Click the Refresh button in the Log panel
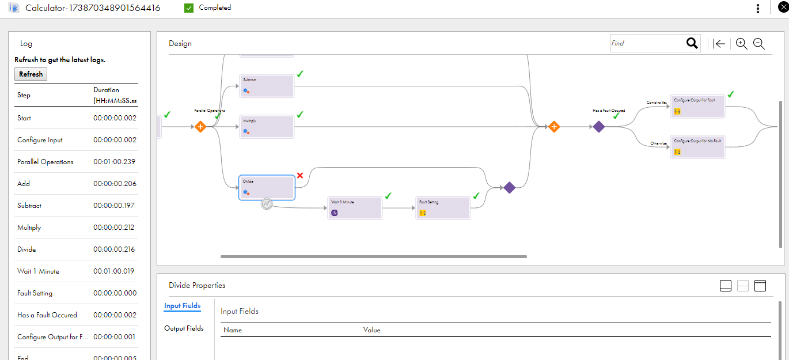[31, 74]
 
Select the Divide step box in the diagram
[267, 188]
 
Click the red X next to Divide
[299, 176]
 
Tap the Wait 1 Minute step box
[355, 207]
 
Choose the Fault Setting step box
[443, 207]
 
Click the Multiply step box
[267, 126]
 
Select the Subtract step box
[267, 86]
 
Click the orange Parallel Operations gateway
[200, 127]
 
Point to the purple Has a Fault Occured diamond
[599, 127]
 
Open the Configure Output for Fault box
[697, 107]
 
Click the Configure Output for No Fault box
[697, 147]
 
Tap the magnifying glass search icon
[692, 43]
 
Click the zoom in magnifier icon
[741, 44]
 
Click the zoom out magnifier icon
[759, 44]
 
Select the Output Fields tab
[184, 328]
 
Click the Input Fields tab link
[182, 306]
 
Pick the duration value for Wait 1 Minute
[114, 271]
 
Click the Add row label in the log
[24, 184]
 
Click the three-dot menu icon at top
[758, 8]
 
